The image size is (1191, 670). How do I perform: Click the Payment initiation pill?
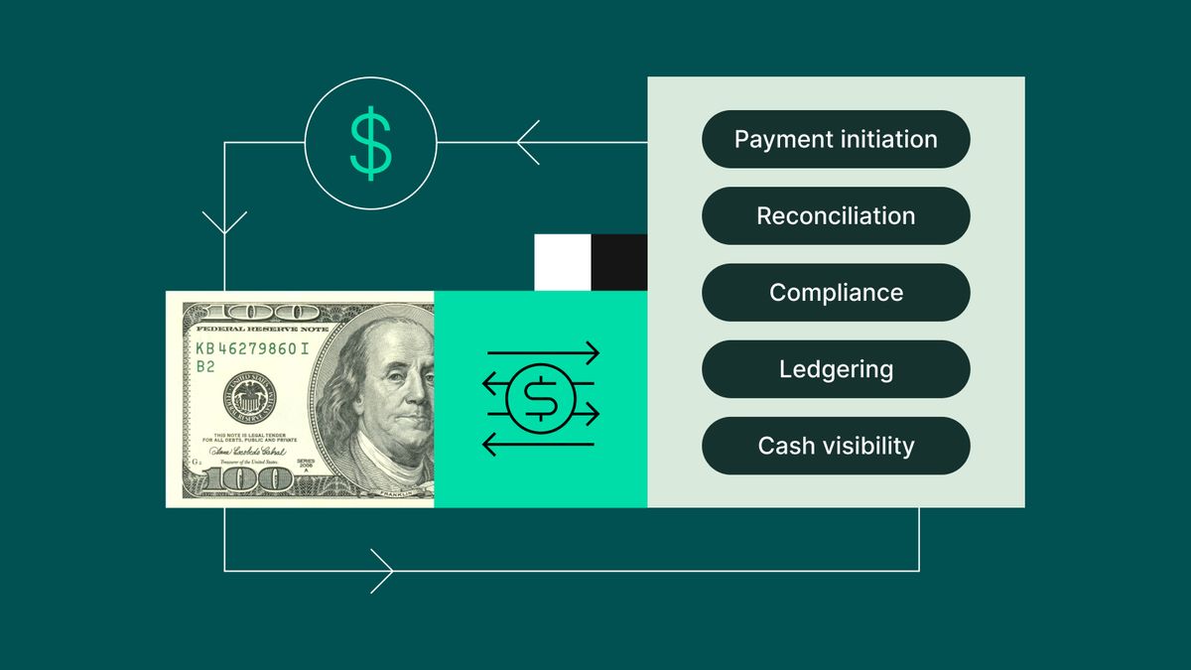[x=836, y=139]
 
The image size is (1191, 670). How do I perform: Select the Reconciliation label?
[x=836, y=215]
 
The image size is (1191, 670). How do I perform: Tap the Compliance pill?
[x=836, y=293]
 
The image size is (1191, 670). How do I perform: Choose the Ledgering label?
[x=836, y=369]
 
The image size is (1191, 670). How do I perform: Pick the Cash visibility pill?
[x=836, y=446]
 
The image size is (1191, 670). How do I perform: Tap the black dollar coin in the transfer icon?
[x=541, y=398]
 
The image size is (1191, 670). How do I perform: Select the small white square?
[x=563, y=262]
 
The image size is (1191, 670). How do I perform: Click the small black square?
[x=619, y=262]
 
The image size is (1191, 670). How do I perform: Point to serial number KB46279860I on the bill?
[x=252, y=348]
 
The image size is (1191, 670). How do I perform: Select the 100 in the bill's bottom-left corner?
[x=238, y=480]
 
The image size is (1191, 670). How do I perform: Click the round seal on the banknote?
[x=249, y=397]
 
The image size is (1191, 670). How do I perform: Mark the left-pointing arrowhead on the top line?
[x=526, y=142]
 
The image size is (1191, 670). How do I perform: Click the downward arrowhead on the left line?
[x=224, y=222]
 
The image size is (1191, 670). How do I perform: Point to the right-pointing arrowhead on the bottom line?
[x=383, y=571]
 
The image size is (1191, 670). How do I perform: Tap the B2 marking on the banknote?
[x=205, y=366]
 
